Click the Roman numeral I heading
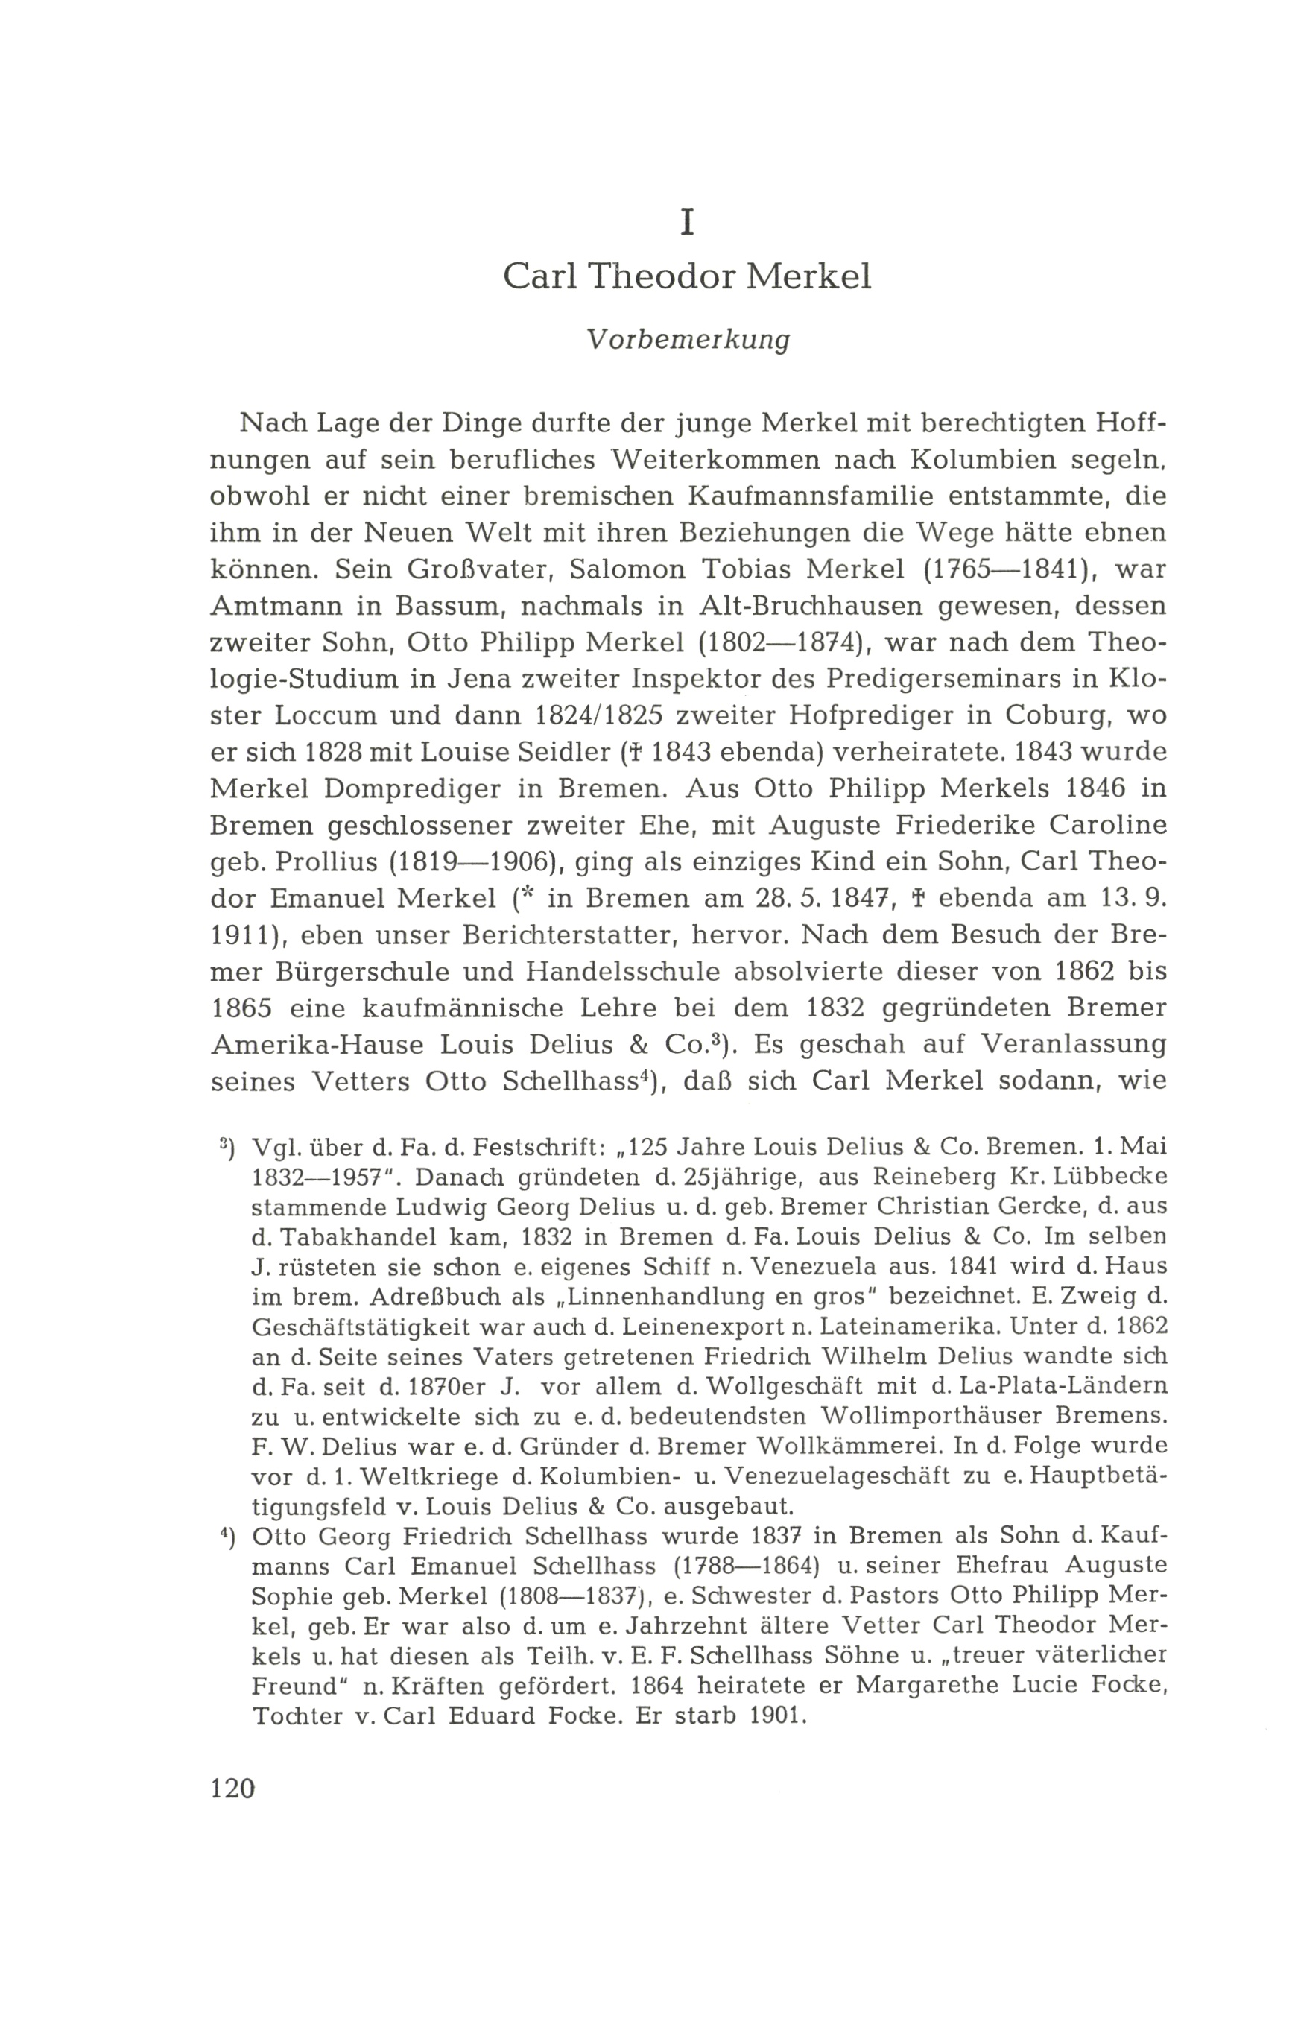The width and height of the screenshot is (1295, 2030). [x=688, y=222]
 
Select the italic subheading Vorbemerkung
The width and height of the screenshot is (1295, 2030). [x=688, y=340]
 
